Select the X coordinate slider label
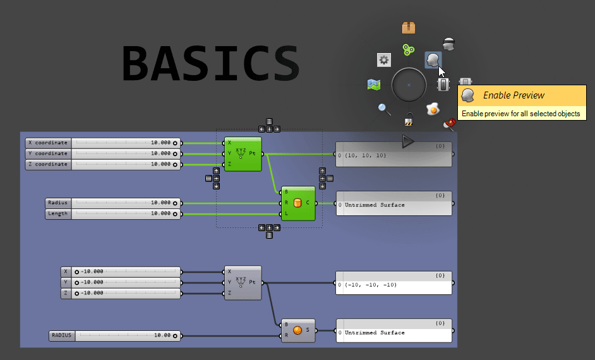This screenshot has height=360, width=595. click(x=47, y=143)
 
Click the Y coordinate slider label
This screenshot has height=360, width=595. click(x=47, y=153)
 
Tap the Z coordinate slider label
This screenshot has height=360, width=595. click(x=47, y=164)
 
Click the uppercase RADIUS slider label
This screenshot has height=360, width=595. click(x=62, y=336)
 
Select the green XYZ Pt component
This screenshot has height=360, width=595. click(x=243, y=153)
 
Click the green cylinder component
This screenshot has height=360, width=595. click(x=298, y=203)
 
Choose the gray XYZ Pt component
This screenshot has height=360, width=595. click(x=243, y=282)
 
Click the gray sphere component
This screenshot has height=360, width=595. click(x=298, y=330)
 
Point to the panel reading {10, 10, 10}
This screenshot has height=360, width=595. click(x=394, y=155)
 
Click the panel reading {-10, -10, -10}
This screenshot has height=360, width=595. click(x=394, y=284)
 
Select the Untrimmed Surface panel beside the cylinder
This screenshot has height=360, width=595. click(x=394, y=205)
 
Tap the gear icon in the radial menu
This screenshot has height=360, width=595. click(x=384, y=60)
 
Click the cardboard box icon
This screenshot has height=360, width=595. click(x=409, y=28)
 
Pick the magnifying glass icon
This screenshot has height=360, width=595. click(x=384, y=109)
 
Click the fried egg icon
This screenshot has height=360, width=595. click(x=432, y=109)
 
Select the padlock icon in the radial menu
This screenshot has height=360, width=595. click(x=409, y=119)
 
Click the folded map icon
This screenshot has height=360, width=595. click(x=373, y=84)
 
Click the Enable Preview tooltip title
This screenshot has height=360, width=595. click(x=514, y=95)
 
